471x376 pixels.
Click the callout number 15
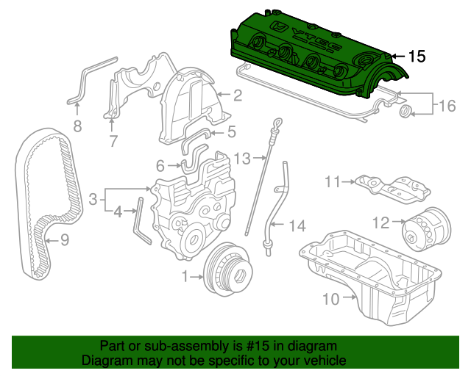pos(417,57)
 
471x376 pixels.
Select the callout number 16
pos(447,106)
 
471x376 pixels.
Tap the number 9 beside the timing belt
pos(65,240)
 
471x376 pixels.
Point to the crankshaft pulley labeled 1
pos(228,270)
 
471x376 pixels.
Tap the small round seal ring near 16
pos(406,112)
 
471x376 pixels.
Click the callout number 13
pos(242,158)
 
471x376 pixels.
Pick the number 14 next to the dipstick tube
pos(297,225)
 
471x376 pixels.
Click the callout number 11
pos(333,181)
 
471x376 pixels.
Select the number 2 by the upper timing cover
pos(238,95)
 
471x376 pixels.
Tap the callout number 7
pos(113,140)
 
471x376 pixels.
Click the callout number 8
pos(77,126)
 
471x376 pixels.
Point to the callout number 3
pos(93,199)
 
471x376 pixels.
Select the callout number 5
pos(232,132)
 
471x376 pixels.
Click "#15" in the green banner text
pos(258,346)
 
